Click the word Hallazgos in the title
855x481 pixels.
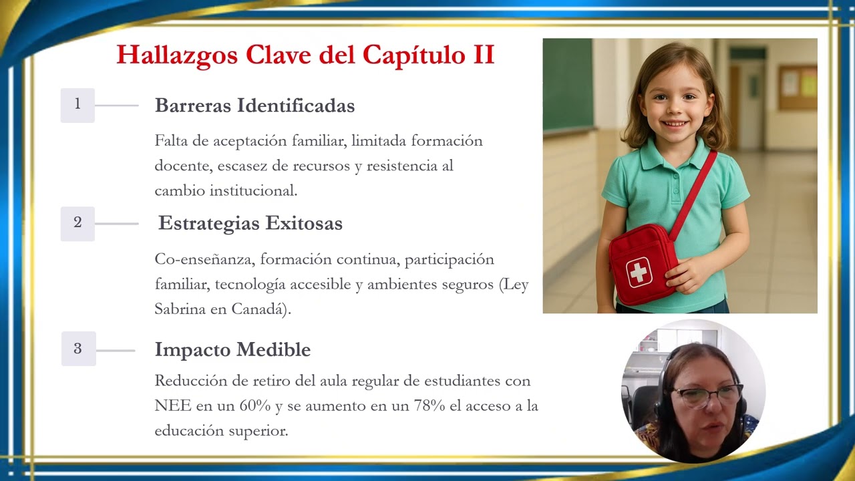click(x=177, y=55)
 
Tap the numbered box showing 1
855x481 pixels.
click(x=77, y=105)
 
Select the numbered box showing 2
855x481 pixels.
click(x=77, y=223)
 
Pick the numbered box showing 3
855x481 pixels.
click(x=78, y=349)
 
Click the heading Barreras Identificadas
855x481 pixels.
click(x=254, y=106)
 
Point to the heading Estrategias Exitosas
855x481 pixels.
click(x=250, y=223)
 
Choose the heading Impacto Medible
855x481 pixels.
click(x=232, y=349)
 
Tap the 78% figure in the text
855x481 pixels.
click(x=427, y=406)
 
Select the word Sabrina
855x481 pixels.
click(x=180, y=309)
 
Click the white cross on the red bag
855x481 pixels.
click(x=639, y=271)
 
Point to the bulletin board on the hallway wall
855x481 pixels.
click(x=797, y=87)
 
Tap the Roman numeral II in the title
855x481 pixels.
click(x=483, y=55)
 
